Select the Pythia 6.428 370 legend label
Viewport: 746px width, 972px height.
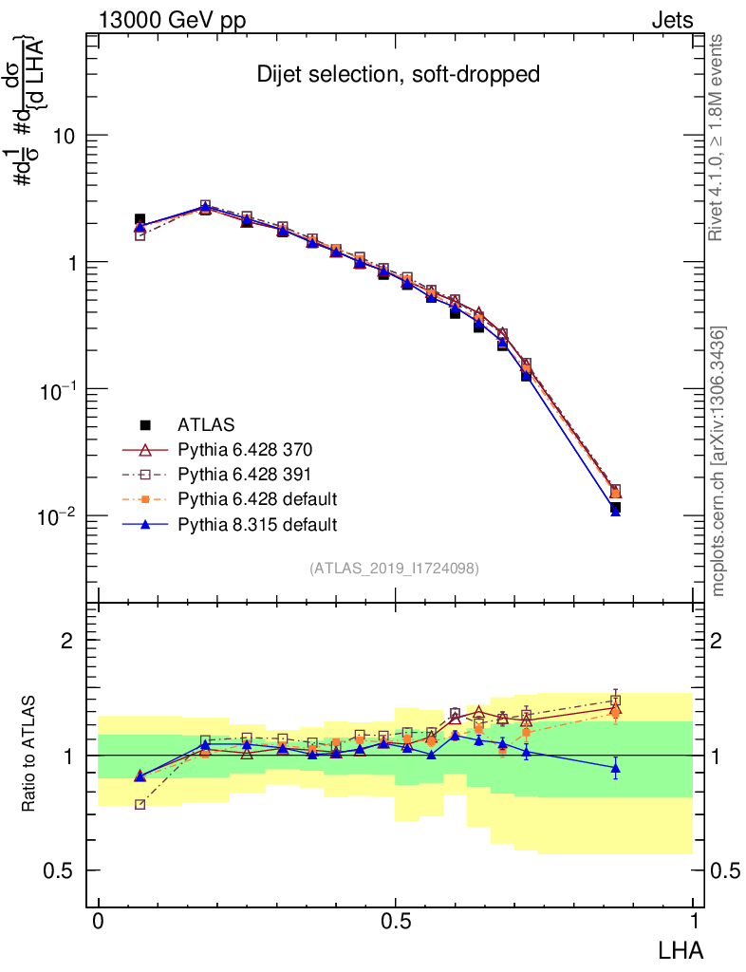point(245,450)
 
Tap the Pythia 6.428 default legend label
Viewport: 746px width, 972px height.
point(257,499)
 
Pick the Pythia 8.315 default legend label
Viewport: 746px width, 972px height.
point(257,524)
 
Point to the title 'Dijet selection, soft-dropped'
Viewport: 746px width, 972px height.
point(398,75)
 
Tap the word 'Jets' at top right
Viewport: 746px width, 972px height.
point(671,20)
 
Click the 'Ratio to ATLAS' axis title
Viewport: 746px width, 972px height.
point(28,755)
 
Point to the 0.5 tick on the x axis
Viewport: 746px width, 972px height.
point(396,922)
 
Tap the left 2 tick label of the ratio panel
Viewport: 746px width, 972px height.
point(67,641)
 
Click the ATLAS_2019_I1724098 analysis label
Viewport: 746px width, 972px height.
point(393,569)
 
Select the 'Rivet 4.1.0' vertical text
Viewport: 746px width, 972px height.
point(718,139)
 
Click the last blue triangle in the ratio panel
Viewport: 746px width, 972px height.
point(615,767)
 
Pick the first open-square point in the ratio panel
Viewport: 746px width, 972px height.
point(140,804)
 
